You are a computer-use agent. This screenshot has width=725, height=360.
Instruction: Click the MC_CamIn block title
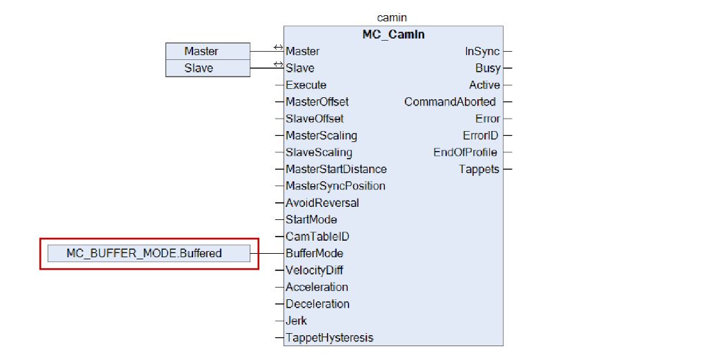click(393, 34)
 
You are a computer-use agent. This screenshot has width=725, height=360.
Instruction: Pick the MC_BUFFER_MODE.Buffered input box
click(149, 253)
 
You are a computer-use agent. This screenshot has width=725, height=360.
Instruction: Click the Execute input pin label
click(306, 85)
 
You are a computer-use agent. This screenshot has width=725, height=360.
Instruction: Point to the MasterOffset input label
click(317, 102)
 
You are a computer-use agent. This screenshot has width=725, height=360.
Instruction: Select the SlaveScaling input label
click(318, 152)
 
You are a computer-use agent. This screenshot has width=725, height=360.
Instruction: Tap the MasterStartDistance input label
click(336, 169)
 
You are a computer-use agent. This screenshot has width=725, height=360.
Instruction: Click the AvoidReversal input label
click(322, 203)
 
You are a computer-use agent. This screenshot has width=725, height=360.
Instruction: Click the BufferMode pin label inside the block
click(315, 253)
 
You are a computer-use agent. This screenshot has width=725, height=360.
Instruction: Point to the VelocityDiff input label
click(314, 270)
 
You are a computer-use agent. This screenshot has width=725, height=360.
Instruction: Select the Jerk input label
click(296, 321)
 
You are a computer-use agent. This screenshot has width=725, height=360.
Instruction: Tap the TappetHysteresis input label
click(329, 338)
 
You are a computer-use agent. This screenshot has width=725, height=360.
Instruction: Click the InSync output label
click(483, 51)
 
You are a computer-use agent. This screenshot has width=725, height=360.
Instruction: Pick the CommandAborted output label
click(450, 102)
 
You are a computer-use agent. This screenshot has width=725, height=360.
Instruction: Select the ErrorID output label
click(481, 136)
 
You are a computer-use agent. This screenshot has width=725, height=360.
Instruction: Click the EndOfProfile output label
click(465, 152)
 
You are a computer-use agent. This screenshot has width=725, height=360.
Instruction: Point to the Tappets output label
click(479, 169)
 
